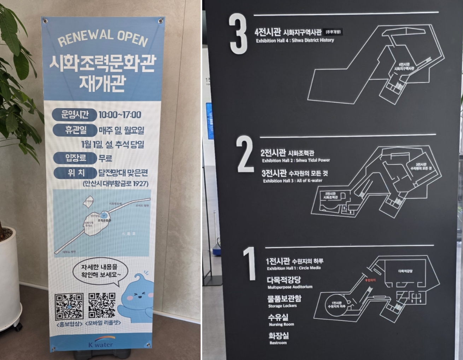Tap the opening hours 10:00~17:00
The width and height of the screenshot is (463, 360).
click(x=120, y=115)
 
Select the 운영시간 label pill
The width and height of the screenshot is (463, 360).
click(x=74, y=115)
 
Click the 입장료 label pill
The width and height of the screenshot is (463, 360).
click(x=74, y=158)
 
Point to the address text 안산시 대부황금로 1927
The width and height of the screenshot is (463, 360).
click(x=115, y=184)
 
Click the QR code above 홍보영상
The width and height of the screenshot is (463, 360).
click(x=69, y=306)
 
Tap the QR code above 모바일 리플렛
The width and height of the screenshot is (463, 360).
click(x=102, y=305)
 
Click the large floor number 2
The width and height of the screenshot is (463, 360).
click(x=245, y=154)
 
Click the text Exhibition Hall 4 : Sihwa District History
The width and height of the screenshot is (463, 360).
click(x=295, y=40)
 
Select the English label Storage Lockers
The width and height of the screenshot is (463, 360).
click(x=282, y=306)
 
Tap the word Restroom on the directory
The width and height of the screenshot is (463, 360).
click(x=278, y=343)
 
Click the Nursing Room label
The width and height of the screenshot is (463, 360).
click(x=281, y=324)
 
